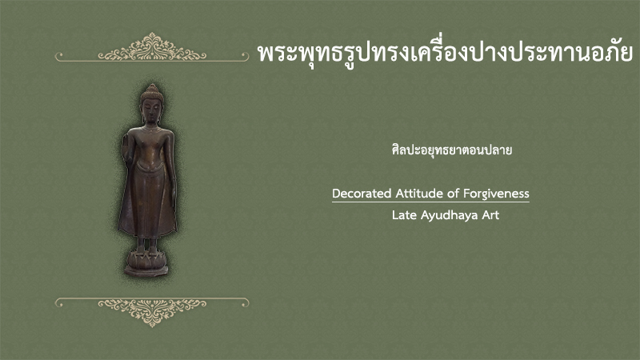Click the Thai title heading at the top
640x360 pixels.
pos(446,53)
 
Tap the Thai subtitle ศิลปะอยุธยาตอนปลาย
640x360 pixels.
pos(452,150)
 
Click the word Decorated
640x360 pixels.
pos(362,193)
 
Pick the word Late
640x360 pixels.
pos(404,214)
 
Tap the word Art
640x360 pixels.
pos(490,214)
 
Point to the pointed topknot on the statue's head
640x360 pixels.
pos(152,89)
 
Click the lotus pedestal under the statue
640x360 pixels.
pos(146,264)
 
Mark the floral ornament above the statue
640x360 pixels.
pos(152,47)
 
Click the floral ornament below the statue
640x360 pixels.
pos(152,312)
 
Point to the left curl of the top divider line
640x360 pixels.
pos(58,56)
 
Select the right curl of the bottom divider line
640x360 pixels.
pos(246,302)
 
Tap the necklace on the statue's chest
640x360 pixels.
pos(150,130)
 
